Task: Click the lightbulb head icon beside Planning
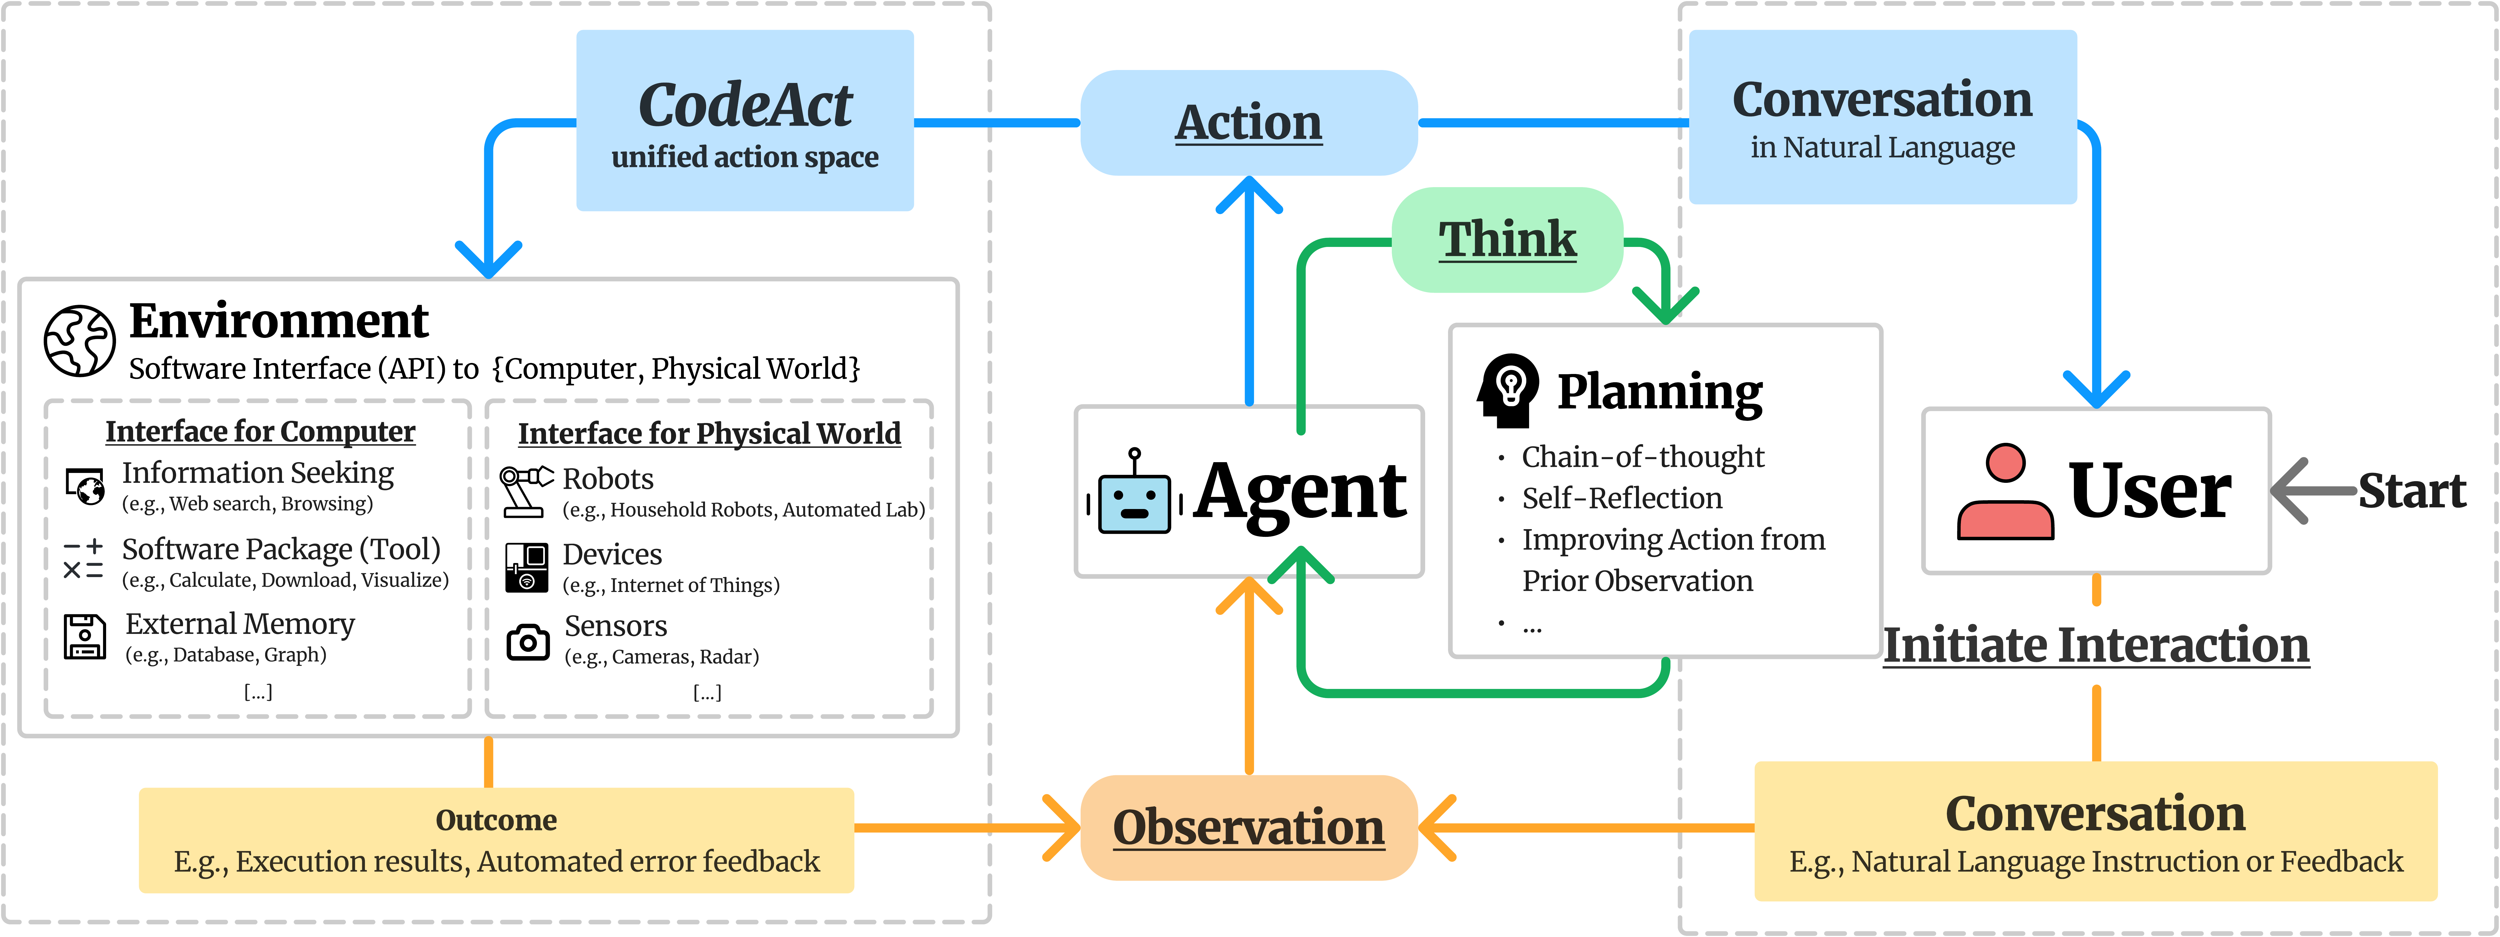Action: [x=1508, y=390]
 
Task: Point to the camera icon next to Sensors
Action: [x=528, y=642]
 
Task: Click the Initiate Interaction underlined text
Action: [x=2096, y=645]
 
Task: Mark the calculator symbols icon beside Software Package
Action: [x=84, y=560]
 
